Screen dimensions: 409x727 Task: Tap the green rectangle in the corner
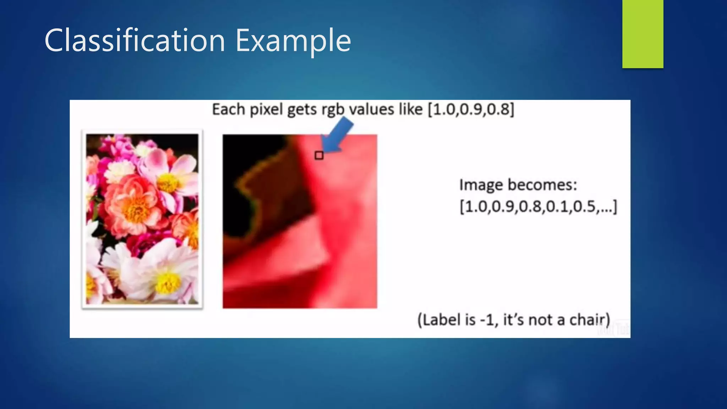point(643,34)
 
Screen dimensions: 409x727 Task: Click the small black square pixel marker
point(319,155)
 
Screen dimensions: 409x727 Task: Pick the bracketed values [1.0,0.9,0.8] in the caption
point(471,109)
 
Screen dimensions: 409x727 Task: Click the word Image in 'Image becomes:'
point(481,185)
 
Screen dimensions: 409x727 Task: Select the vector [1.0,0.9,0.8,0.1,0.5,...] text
point(538,206)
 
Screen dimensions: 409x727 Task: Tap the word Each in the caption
point(229,109)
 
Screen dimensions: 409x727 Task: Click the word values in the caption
point(371,109)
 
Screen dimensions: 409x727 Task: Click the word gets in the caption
point(302,109)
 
